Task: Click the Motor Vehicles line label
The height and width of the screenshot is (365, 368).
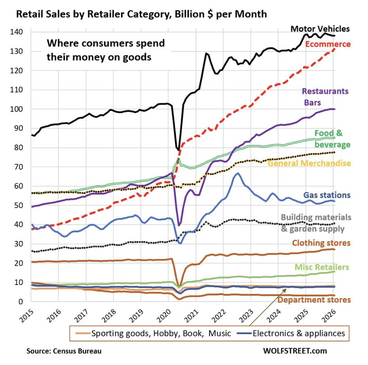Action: (320, 29)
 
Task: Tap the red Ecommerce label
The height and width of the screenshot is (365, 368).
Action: (328, 44)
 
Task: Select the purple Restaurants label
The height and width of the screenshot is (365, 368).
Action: (325, 91)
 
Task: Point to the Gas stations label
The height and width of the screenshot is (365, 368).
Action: (327, 195)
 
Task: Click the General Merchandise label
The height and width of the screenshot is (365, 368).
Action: (309, 163)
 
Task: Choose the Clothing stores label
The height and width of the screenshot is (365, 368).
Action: (321, 243)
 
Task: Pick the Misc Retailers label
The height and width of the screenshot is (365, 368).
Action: (322, 267)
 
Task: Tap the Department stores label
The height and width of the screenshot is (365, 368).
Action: (314, 300)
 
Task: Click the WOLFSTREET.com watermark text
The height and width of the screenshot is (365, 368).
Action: (295, 351)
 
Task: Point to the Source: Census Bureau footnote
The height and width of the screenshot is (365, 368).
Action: (64, 351)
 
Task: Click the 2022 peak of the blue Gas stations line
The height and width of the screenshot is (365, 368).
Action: (237, 173)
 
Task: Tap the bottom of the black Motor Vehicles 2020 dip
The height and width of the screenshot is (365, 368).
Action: (179, 150)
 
